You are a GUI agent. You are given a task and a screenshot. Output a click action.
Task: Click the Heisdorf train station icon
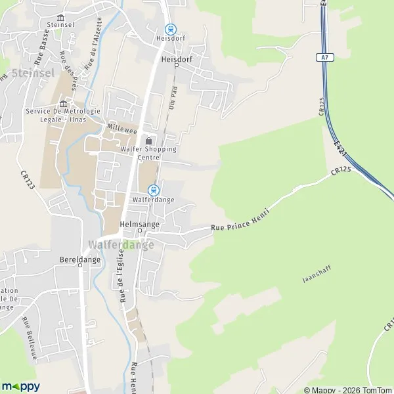tap(170, 29)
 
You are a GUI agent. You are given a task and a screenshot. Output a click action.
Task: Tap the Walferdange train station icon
tap(154, 190)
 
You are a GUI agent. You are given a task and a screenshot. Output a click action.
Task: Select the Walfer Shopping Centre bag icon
tap(148, 140)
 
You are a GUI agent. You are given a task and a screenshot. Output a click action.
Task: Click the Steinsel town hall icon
tap(61, 18)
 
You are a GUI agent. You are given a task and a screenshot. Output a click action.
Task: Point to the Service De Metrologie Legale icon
tap(64, 103)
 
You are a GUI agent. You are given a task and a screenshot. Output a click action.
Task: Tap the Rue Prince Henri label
tap(240, 221)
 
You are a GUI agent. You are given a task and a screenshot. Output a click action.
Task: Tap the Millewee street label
tap(123, 129)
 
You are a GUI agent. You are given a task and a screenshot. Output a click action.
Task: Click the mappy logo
tap(21, 386)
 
